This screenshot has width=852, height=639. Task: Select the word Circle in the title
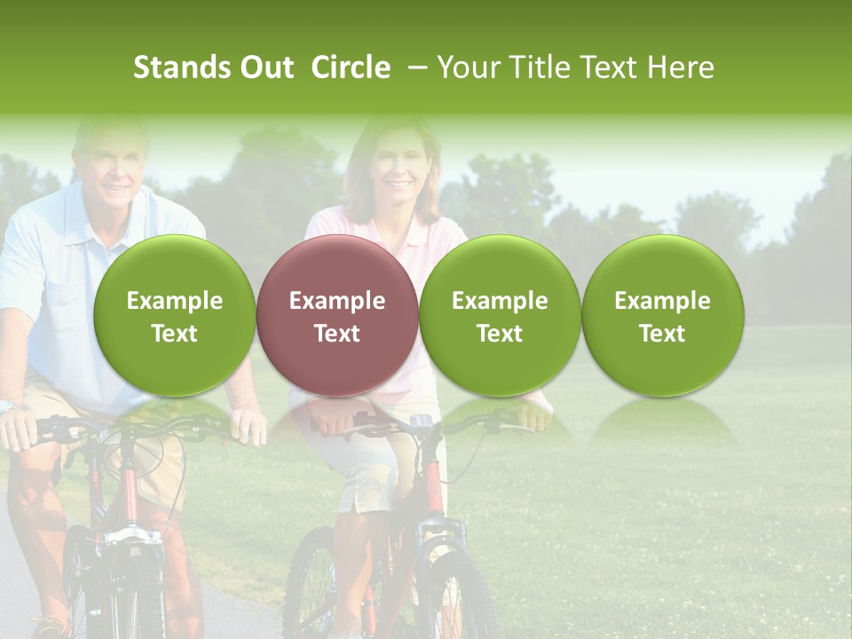click(351, 67)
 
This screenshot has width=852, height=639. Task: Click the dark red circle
click(337, 315)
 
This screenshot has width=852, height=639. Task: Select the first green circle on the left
click(174, 315)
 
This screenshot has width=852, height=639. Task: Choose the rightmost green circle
click(662, 315)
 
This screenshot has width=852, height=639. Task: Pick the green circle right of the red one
click(500, 315)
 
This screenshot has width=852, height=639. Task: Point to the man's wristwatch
click(9, 406)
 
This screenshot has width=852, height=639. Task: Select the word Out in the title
click(266, 67)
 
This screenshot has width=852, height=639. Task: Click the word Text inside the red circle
click(337, 334)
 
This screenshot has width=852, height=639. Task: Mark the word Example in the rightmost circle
click(662, 301)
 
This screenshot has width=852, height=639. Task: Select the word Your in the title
click(467, 67)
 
